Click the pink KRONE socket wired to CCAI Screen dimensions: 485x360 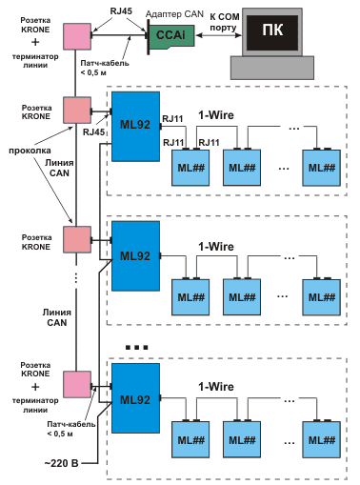(x=75, y=35)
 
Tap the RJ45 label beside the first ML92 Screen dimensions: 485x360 (x=94, y=132)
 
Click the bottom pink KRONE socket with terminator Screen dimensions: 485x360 (x=75, y=385)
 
